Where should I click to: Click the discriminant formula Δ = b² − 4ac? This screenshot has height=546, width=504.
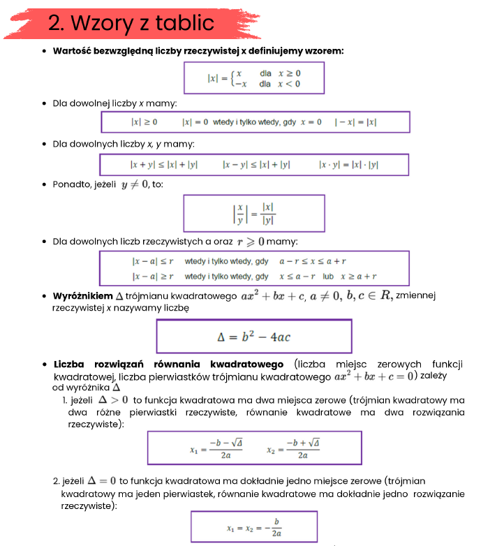pyautogui.click(x=254, y=337)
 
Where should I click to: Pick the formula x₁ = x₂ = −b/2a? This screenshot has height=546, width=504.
pyautogui.click(x=253, y=528)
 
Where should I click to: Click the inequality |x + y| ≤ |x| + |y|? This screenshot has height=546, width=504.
pyautogui.click(x=164, y=165)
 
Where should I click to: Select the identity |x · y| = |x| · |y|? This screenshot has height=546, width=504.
pyautogui.click(x=348, y=165)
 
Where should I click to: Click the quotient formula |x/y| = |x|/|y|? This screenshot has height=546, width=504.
pyautogui.click(x=253, y=214)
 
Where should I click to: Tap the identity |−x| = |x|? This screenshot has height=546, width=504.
pyautogui.click(x=355, y=122)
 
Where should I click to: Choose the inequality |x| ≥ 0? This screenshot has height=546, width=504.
pyautogui.click(x=144, y=122)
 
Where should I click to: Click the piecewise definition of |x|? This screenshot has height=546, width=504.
pyautogui.click(x=253, y=78)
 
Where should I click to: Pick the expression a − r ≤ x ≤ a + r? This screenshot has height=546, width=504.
pyautogui.click(x=313, y=261)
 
